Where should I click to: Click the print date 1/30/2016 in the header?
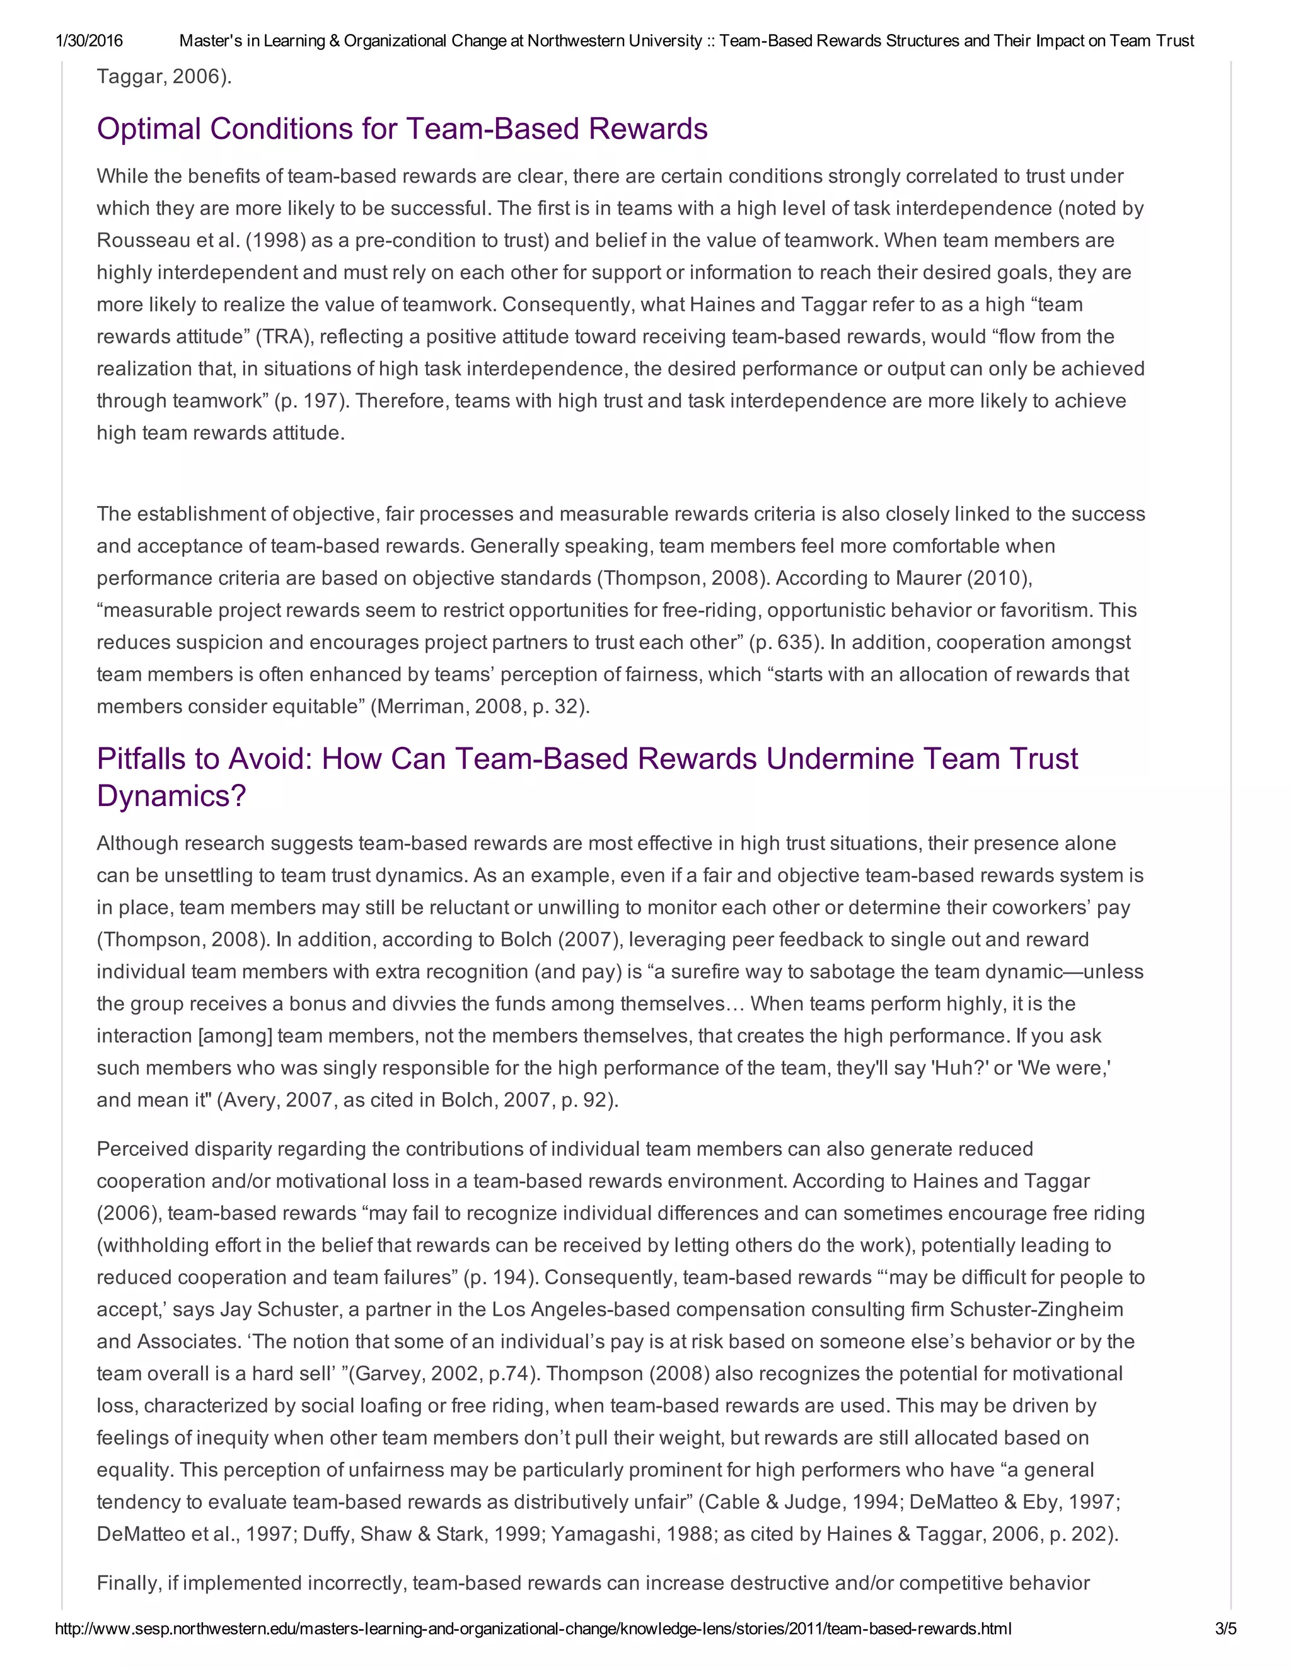[89, 40]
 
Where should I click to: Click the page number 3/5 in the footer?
[1225, 1628]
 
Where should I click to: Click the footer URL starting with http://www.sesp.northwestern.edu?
[533, 1628]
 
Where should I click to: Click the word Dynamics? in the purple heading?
[171, 796]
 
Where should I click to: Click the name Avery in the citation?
[250, 1100]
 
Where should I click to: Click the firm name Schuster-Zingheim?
[1036, 1310]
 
